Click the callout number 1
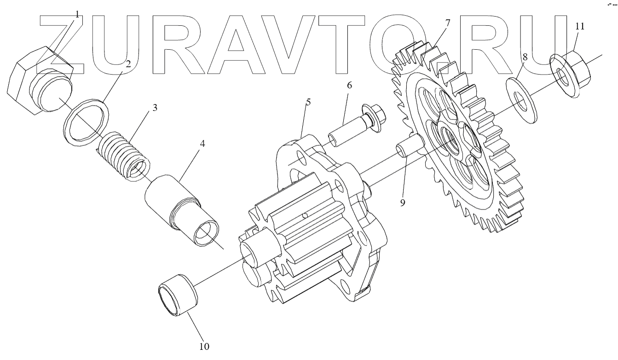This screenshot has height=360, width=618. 77,14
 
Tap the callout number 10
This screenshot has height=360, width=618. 204,346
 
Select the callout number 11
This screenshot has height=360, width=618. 579,26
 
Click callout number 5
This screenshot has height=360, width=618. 308,102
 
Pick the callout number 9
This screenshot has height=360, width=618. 403,203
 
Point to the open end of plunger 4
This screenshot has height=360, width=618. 205,233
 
